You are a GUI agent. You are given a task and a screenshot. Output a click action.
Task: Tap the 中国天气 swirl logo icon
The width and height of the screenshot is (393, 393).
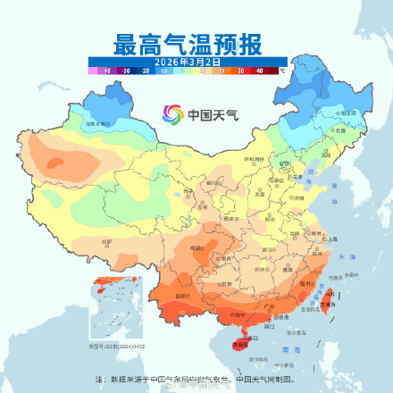(x=171, y=114)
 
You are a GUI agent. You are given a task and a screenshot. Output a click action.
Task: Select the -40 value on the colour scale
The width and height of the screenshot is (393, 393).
(x=106, y=70)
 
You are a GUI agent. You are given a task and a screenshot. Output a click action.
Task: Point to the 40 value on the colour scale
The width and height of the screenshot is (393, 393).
(x=260, y=70)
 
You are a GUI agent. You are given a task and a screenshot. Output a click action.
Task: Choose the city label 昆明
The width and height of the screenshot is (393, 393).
(x=184, y=296)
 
